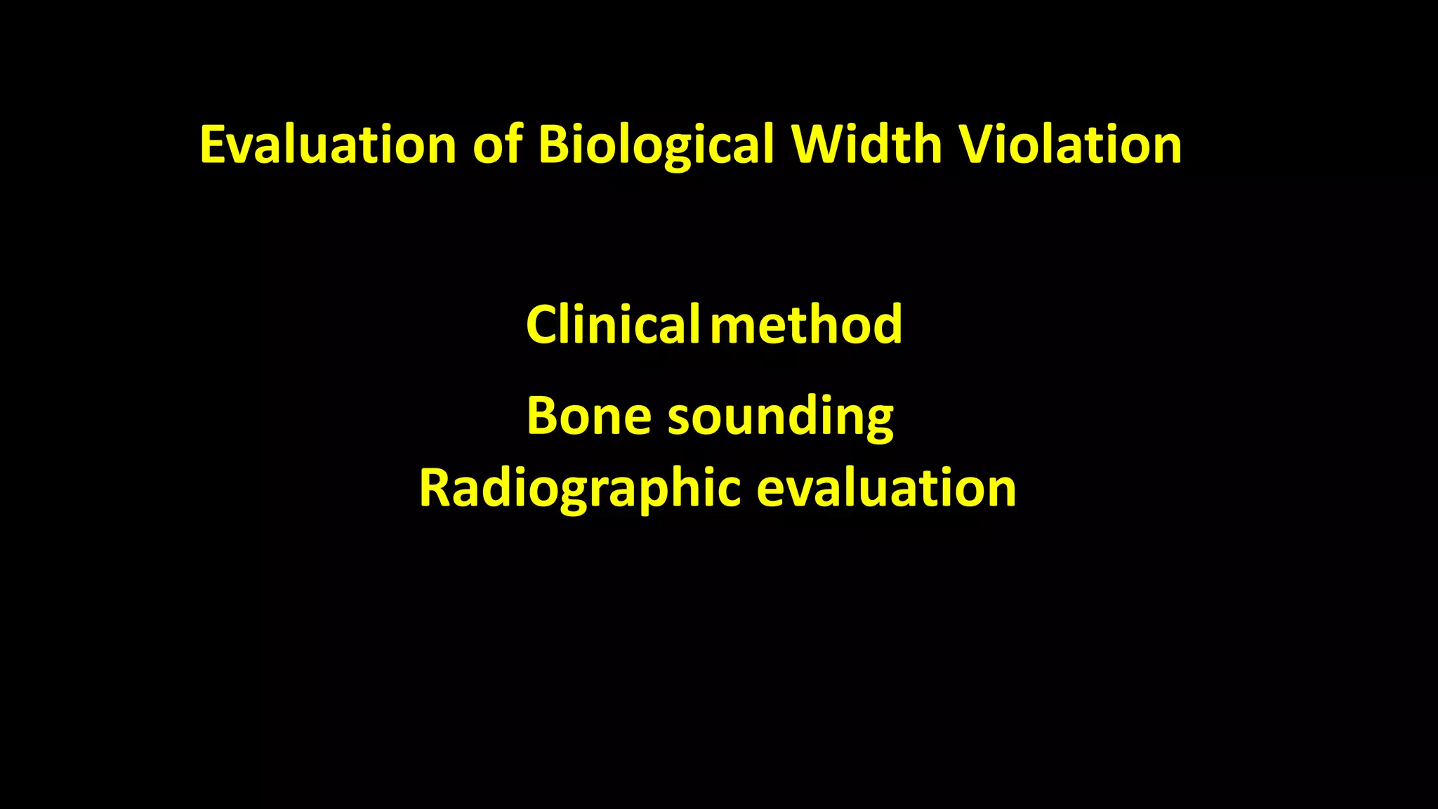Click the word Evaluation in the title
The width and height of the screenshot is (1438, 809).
point(329,145)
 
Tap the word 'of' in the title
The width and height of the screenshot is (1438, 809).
point(497,145)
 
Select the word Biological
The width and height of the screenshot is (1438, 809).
point(656,146)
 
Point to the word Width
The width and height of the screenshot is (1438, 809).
point(866,145)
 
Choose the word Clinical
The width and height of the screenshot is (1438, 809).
point(612,324)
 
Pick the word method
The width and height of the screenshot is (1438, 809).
point(806,324)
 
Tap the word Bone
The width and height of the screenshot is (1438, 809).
point(588,416)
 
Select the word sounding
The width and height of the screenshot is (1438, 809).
point(781,417)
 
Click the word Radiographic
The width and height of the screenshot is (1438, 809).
point(580,489)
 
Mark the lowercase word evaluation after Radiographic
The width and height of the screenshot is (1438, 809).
point(886,489)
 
